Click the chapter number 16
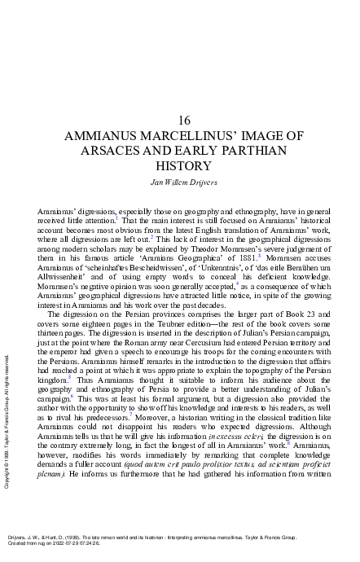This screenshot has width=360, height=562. coord(183,120)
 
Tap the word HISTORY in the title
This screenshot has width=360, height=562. coord(182,166)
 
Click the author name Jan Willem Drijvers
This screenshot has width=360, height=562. coord(183,181)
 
